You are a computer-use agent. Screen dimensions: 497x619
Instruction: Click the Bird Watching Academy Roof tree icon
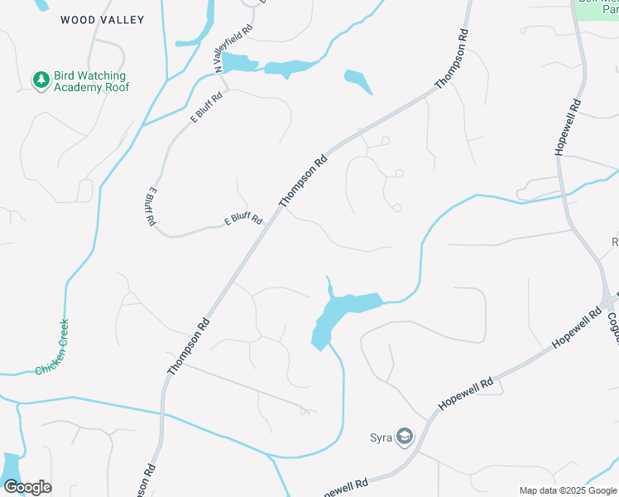(x=41, y=80)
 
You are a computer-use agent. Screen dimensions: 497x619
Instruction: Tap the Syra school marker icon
(x=404, y=437)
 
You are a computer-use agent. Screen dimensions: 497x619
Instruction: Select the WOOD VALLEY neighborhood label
(x=102, y=20)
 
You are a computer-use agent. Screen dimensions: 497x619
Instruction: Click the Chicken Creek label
(x=52, y=348)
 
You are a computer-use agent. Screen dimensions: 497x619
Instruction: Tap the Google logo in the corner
(x=27, y=486)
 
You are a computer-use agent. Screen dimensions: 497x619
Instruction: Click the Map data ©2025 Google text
(x=568, y=490)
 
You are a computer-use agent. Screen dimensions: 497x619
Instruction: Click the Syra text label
(x=380, y=437)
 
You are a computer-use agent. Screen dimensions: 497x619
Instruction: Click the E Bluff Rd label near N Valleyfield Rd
(x=207, y=108)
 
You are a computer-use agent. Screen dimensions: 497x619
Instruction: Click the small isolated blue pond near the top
(x=357, y=80)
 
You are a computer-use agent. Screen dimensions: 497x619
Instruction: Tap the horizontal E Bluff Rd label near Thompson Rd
(x=244, y=220)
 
